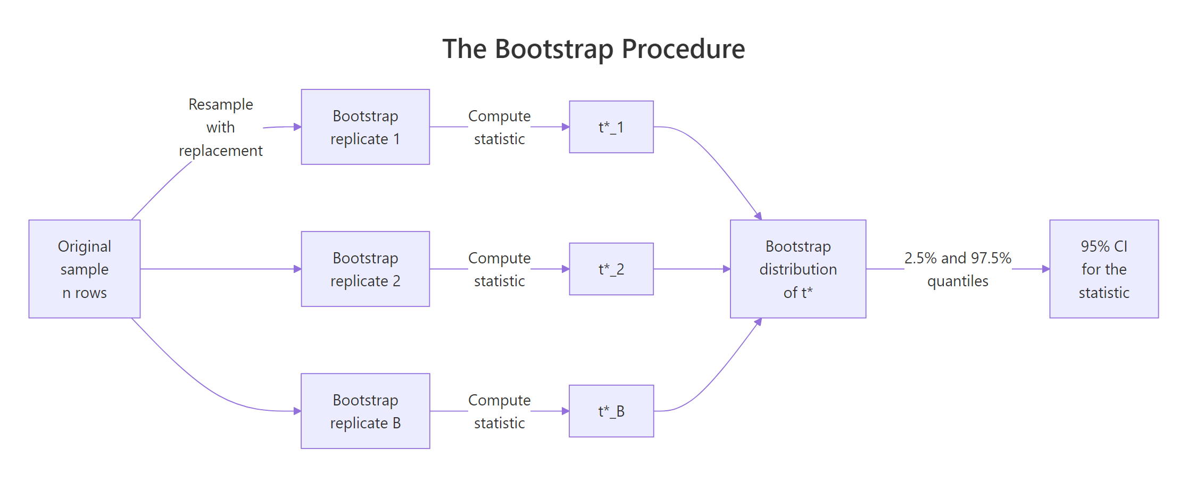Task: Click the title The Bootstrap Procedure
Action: click(x=593, y=49)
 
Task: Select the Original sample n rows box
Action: click(x=85, y=269)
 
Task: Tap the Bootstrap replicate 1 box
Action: click(x=365, y=127)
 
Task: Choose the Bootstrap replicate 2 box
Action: click(x=365, y=269)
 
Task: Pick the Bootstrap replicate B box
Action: click(x=365, y=411)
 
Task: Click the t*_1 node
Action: click(x=611, y=127)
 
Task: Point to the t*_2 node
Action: click(x=611, y=269)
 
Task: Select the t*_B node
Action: click(x=611, y=411)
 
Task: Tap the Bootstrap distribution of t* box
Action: click(x=798, y=269)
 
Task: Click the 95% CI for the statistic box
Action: click(x=1103, y=269)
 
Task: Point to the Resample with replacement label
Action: click(x=220, y=127)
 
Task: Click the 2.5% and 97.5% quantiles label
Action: click(x=957, y=269)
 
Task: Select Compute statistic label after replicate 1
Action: click(x=499, y=127)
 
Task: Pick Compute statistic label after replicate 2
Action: click(x=499, y=269)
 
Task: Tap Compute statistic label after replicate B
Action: click(x=499, y=411)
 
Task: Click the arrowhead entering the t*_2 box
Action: click(x=566, y=269)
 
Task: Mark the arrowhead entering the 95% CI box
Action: click(x=1045, y=269)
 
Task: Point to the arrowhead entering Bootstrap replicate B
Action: click(x=297, y=411)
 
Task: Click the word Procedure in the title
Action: click(x=683, y=49)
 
